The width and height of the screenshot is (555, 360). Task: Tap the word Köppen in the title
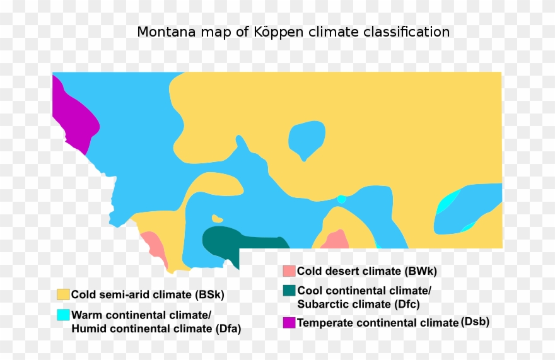pyautogui.click(x=280, y=32)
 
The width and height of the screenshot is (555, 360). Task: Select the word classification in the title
pyautogui.click(x=411, y=32)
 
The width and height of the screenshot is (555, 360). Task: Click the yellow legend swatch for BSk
pyautogui.click(x=63, y=294)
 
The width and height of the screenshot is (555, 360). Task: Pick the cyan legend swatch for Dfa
pyautogui.click(x=63, y=315)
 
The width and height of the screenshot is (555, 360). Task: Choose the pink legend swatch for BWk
pyautogui.click(x=289, y=271)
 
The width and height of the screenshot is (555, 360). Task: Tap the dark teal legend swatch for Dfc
pyautogui.click(x=289, y=291)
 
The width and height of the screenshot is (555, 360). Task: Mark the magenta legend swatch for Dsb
pyautogui.click(x=289, y=323)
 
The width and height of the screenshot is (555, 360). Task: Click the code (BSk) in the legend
pyautogui.click(x=209, y=294)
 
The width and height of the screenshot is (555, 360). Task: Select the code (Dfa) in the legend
pyautogui.click(x=228, y=328)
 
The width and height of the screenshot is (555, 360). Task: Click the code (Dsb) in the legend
pyautogui.click(x=475, y=322)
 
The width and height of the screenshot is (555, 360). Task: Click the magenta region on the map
pyautogui.click(x=74, y=117)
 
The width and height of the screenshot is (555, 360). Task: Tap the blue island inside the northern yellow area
pyautogui.click(x=307, y=139)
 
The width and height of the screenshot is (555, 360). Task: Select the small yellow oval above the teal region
pyautogui.click(x=218, y=219)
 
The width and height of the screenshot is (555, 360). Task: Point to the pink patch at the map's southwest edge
pyautogui.click(x=154, y=247)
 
